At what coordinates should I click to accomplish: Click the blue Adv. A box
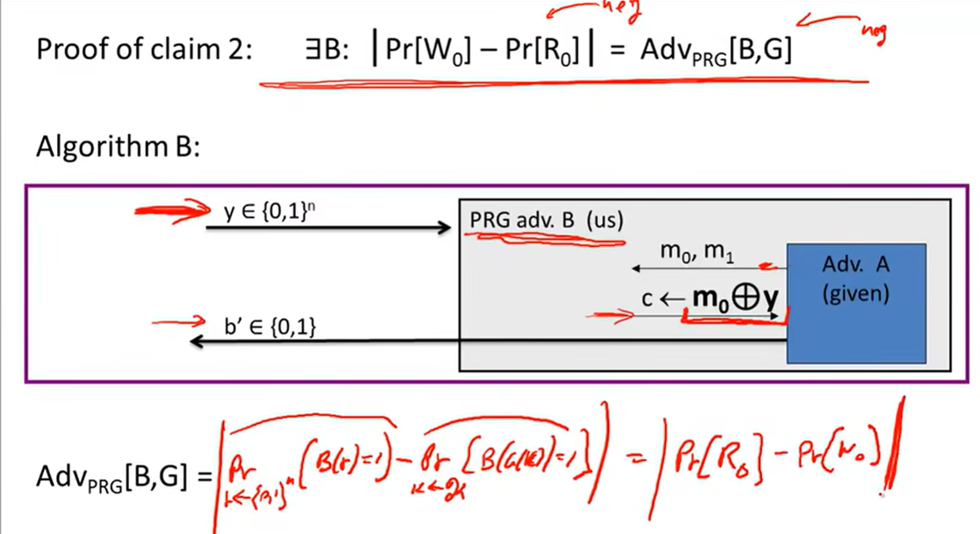856,303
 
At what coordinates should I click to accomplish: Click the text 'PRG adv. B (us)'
546,220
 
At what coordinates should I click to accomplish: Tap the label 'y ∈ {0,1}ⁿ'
269,212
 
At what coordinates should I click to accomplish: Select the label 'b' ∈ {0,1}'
270,327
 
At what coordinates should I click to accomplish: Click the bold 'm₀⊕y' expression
735,298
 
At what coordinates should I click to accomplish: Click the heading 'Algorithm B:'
118,147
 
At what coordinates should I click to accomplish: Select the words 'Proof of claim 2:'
144,49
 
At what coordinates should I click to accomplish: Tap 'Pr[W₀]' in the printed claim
428,50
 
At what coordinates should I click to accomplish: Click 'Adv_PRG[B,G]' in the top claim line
715,50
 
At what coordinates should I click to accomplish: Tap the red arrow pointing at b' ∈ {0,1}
179,321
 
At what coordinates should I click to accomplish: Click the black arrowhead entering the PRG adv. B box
444,227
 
